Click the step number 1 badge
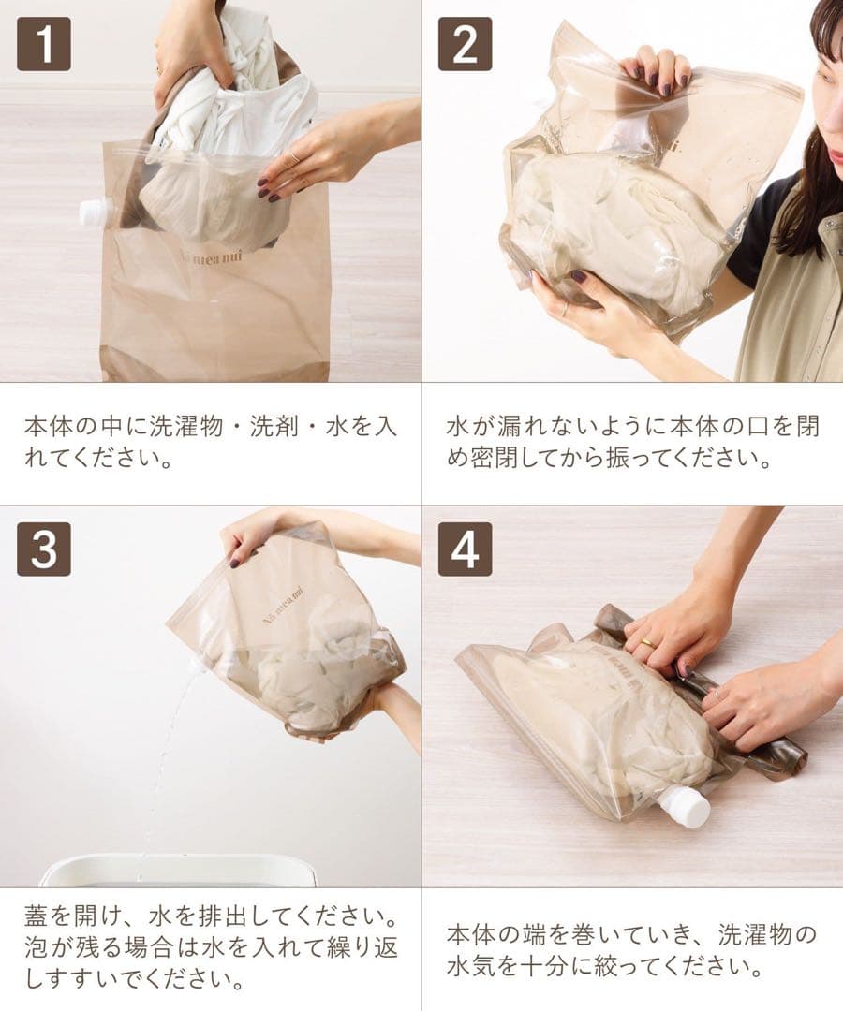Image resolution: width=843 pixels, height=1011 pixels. pyautogui.click(x=44, y=43)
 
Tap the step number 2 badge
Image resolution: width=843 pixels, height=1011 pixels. pyautogui.click(x=465, y=43)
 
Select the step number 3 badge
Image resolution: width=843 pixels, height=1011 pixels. pyautogui.click(x=44, y=549)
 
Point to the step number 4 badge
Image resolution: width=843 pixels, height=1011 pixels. pyautogui.click(x=465, y=549)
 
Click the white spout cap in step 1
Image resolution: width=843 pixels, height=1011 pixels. pyautogui.click(x=95, y=212)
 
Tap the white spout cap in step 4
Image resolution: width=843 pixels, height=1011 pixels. pyautogui.click(x=688, y=806)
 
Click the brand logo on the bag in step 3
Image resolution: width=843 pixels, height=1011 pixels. pyautogui.click(x=284, y=604)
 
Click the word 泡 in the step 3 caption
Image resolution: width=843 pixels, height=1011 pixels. pyautogui.click(x=36, y=947)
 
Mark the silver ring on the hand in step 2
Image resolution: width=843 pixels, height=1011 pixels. pyautogui.click(x=565, y=309)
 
